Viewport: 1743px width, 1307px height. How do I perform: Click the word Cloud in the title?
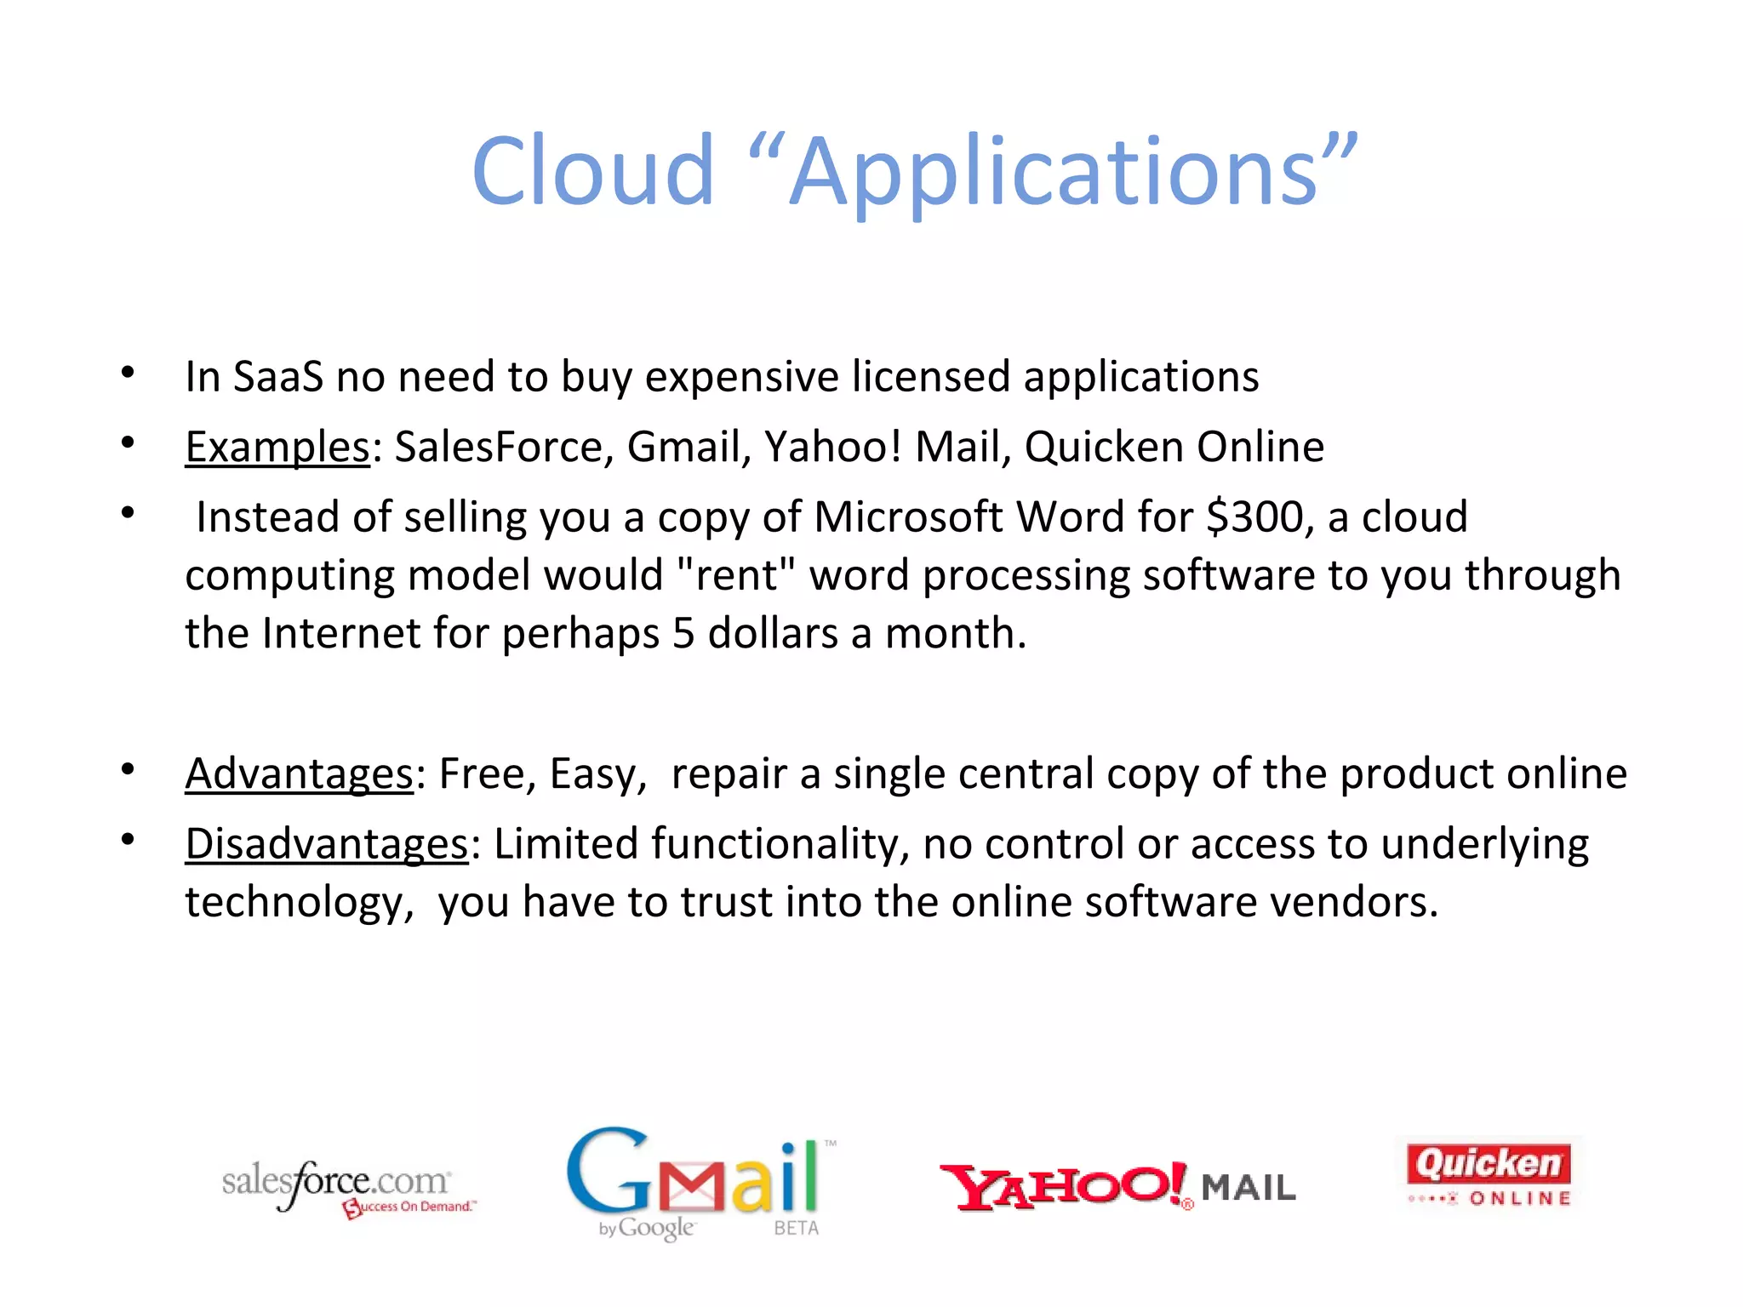coord(592,172)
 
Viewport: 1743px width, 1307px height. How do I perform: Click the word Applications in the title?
coord(1054,172)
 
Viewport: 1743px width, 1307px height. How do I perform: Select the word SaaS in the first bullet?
coord(278,377)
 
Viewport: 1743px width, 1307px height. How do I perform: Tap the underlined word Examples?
coord(277,448)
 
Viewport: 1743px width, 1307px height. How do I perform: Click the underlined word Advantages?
coord(299,774)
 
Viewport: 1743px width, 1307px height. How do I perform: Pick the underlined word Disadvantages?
coord(326,845)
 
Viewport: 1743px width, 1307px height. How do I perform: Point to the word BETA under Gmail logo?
coord(796,1229)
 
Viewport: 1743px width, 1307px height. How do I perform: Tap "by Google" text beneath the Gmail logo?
coord(647,1229)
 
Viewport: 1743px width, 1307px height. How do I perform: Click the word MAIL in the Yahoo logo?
coord(1248,1188)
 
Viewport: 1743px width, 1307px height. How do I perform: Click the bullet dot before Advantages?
coord(128,770)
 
